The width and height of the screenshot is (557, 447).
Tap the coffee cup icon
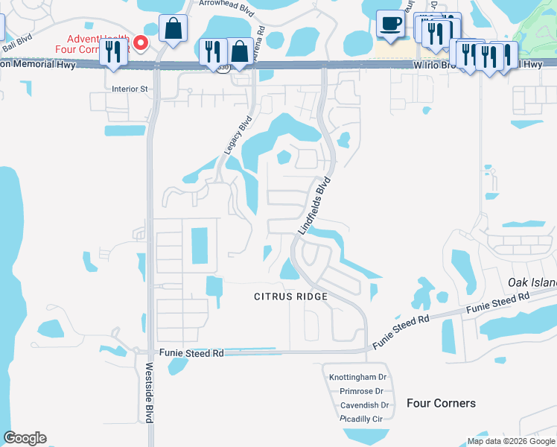click(390, 25)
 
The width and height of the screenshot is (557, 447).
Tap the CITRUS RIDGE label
click(290, 297)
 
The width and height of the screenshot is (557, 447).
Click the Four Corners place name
click(441, 403)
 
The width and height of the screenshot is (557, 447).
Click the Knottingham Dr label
click(358, 378)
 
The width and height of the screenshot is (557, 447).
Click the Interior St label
click(130, 88)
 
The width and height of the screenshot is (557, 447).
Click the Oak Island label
click(532, 282)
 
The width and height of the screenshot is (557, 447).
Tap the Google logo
click(25, 438)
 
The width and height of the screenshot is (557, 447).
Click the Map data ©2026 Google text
click(510, 441)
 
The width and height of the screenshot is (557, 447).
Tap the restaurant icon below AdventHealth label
click(113, 53)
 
